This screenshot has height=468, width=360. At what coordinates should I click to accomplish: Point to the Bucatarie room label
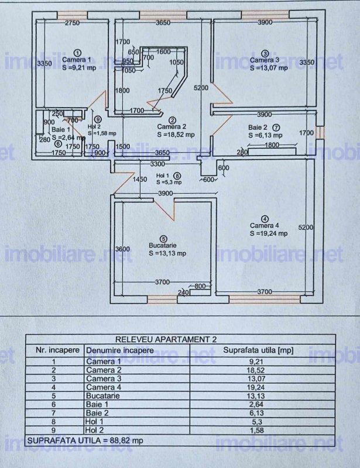[163, 246]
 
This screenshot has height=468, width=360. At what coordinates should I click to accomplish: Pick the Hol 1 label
[163, 175]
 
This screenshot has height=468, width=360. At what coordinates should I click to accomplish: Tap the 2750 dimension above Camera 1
[72, 23]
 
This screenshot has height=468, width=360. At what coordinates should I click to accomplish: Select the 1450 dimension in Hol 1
[139, 180]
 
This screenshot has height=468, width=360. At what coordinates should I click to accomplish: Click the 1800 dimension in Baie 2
[273, 145]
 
